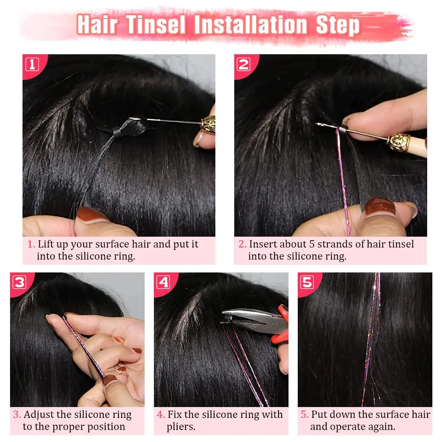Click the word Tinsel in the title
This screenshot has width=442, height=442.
156,25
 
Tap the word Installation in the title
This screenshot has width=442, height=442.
251,25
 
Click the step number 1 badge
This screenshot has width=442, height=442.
32,64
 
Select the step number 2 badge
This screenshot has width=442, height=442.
244,64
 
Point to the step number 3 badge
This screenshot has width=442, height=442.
19,282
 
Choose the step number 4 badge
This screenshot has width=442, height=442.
163,282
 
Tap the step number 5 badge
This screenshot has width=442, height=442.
307,282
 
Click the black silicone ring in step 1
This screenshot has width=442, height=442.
117,132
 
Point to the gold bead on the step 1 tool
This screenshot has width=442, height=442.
209,124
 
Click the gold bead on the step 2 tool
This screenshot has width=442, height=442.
399,143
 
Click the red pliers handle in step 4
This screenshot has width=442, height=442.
282,324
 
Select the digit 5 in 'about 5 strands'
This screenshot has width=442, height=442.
312,244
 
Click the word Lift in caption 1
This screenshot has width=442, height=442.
46,244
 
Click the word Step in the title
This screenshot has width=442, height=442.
338,25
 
